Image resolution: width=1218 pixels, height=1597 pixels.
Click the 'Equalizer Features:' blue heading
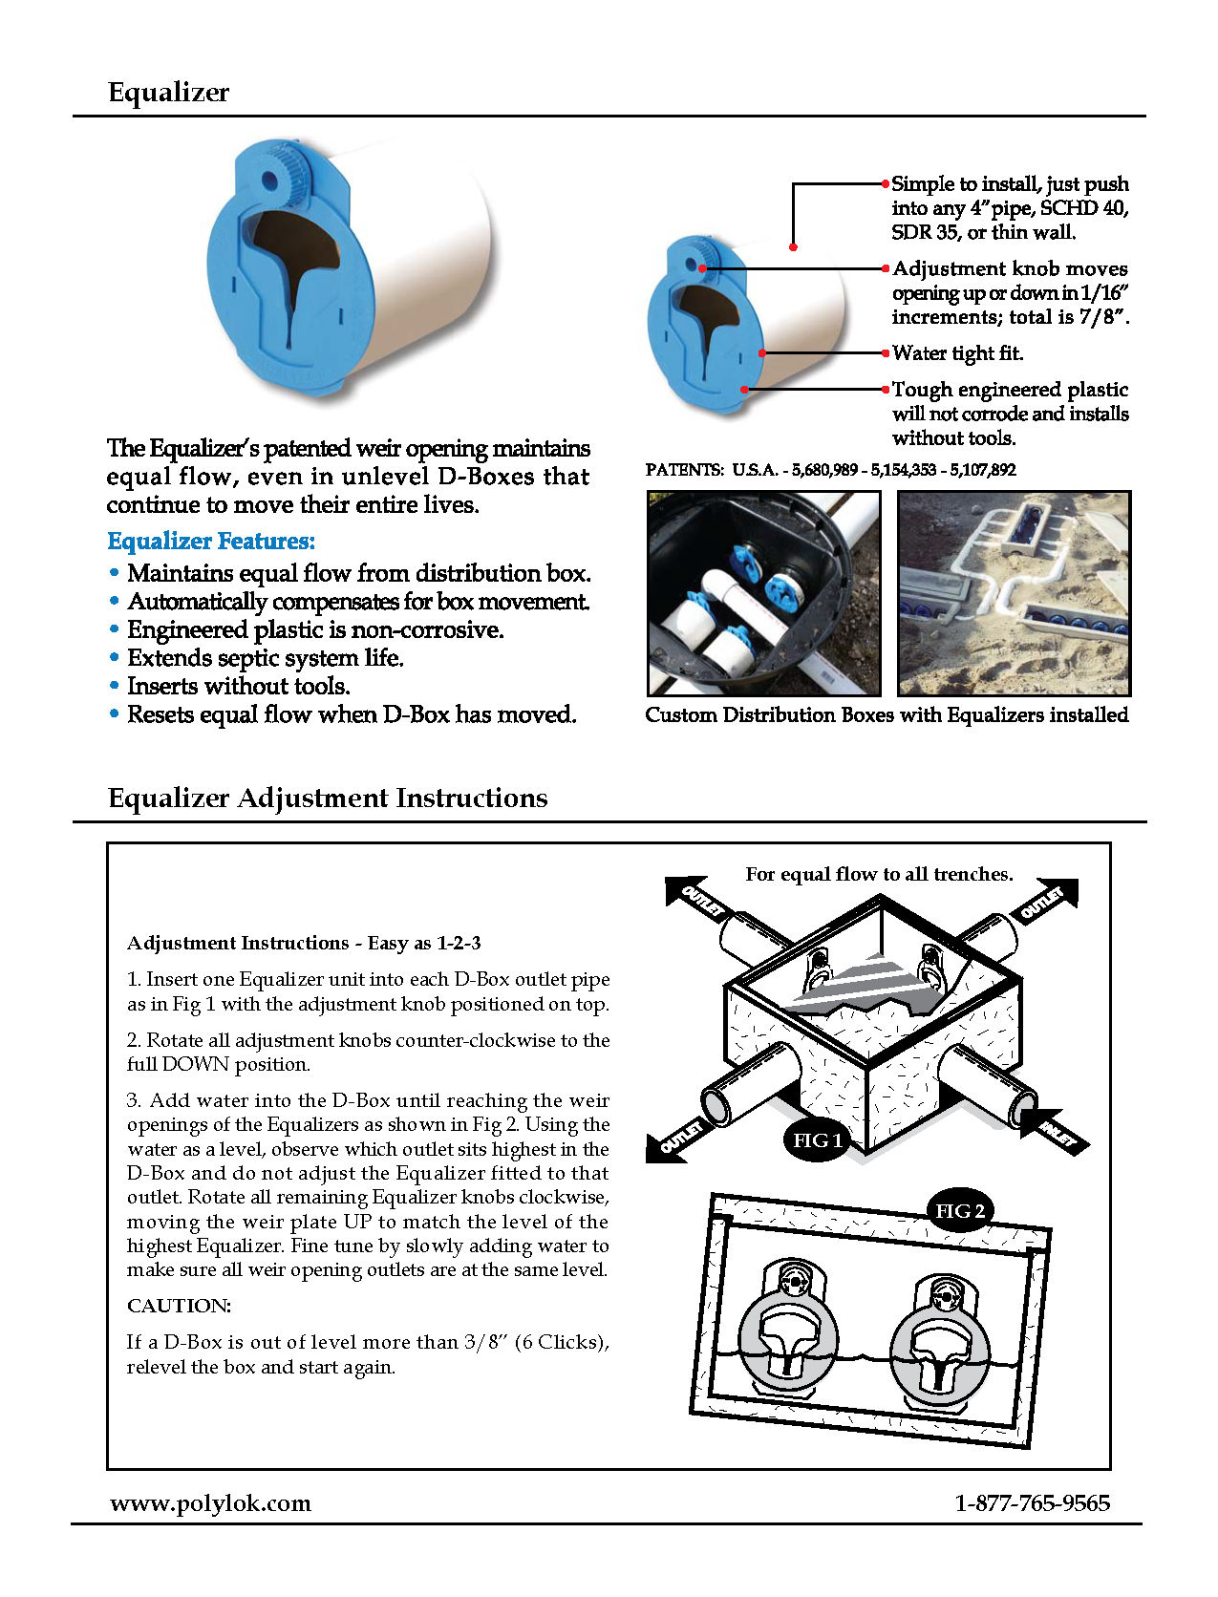(211, 542)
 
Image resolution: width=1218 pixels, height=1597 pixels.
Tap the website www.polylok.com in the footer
(210, 1503)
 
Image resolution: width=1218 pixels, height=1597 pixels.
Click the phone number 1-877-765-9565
(1032, 1503)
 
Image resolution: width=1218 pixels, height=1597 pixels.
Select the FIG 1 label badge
(817, 1140)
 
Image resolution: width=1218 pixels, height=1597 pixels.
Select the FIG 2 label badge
(959, 1211)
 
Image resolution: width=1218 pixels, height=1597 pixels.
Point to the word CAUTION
(180, 1306)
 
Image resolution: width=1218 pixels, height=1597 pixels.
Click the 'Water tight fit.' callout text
(957, 353)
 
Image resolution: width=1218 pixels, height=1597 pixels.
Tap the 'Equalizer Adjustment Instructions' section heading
(328, 798)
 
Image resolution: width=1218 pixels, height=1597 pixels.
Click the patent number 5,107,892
(983, 470)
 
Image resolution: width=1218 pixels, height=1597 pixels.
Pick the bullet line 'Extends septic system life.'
(265, 658)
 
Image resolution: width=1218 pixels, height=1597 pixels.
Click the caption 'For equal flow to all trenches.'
(879, 874)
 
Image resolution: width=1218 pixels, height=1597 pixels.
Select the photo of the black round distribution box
(763, 593)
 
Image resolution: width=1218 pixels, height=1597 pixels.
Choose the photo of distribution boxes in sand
(1014, 593)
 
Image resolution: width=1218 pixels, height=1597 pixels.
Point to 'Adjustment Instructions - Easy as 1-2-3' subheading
(304, 944)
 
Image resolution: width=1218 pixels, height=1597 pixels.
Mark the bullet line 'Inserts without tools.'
(238, 687)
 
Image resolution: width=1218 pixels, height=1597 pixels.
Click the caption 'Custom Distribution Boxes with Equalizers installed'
(887, 715)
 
